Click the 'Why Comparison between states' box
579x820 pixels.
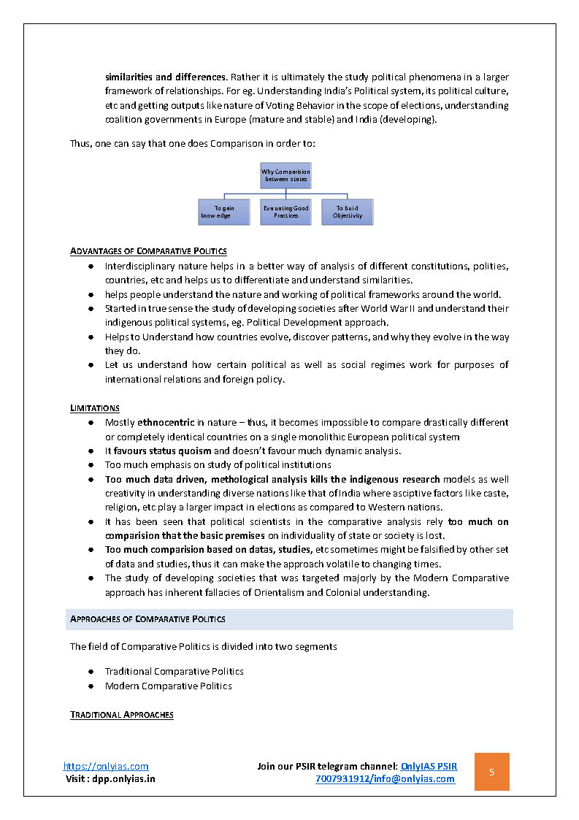[285, 175]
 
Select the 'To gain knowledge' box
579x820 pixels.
[223, 212]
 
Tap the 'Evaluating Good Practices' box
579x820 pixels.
[285, 212]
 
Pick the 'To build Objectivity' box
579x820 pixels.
[347, 212]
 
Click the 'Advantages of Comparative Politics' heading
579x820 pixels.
[148, 251]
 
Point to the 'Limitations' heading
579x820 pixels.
[95, 407]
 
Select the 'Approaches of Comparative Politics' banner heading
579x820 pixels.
[147, 619]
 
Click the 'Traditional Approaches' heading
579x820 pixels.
[122, 714]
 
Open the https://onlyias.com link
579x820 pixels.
[106, 766]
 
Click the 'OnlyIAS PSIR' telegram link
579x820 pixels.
[429, 766]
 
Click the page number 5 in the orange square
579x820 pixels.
[491, 772]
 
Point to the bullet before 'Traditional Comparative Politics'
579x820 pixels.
[91, 671]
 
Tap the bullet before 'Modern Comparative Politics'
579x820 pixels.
[91, 686]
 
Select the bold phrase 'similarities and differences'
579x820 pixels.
[166, 77]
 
